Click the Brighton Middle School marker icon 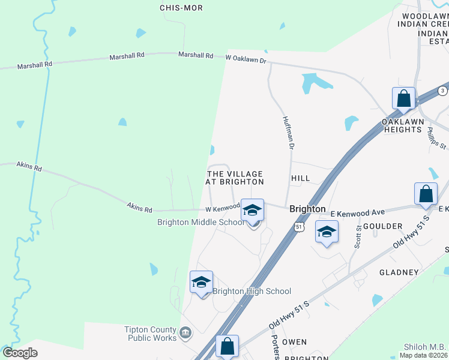click(253, 210)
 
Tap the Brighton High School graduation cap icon click(202, 283)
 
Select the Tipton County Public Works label click(151, 334)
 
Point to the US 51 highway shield click(300, 226)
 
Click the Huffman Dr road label click(288, 133)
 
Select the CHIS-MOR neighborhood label click(181, 8)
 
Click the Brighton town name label click(307, 209)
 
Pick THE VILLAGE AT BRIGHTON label click(235, 178)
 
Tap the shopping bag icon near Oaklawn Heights click(403, 98)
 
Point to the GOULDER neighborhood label click(382, 226)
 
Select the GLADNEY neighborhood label click(399, 272)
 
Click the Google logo click(20, 353)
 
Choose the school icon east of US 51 click(327, 232)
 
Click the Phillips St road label click(437, 137)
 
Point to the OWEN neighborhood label click(294, 342)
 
